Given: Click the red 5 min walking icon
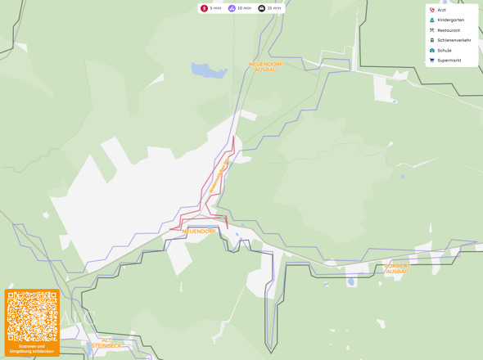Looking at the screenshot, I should click(205, 8).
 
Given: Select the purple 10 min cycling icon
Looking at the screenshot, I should click(232, 8).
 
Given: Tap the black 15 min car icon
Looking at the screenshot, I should click(261, 8).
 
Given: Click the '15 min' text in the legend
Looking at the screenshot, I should click(274, 8).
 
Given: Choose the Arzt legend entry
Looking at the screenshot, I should click(441, 10).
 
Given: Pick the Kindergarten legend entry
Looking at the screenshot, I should click(451, 20).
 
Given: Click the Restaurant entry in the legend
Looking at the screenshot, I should click(449, 30).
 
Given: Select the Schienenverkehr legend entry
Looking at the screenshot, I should click(454, 40).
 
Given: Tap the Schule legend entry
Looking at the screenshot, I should click(444, 50).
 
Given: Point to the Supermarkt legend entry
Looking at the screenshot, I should click(449, 61).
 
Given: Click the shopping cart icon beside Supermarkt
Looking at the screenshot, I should click(431, 61).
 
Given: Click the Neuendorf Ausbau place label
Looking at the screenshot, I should click(265, 66).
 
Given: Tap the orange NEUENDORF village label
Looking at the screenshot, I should click(198, 232).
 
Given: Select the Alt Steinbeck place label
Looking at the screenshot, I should click(106, 342).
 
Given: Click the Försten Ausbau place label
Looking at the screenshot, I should click(395, 268).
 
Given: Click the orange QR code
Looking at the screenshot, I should click(32, 316).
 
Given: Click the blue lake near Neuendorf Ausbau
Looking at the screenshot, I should click(209, 70).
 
